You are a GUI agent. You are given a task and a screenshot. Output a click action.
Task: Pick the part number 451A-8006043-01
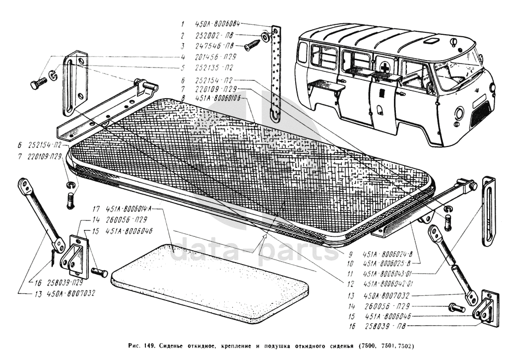(x=389, y=274)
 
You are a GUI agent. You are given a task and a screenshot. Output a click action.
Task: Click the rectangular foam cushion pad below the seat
(x=211, y=281)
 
